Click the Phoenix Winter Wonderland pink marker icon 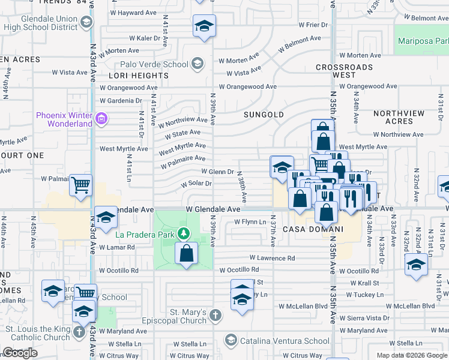(x=101, y=119)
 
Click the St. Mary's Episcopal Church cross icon (x=215, y=314)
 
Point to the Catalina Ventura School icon (x=230, y=341)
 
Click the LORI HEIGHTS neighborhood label (x=139, y=76)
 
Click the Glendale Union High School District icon (x=86, y=23)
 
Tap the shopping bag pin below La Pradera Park (x=187, y=253)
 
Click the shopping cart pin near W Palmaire (x=80, y=185)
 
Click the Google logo (x=20, y=353)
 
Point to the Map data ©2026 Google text (x=412, y=355)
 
